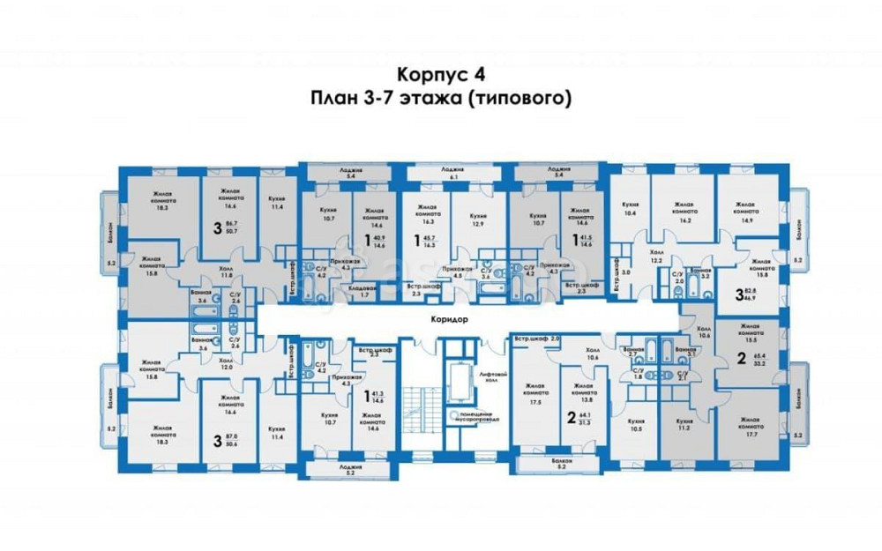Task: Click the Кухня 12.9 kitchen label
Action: coord(480,219)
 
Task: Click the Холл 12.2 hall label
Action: coord(656,256)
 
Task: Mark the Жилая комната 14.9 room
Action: coord(746,212)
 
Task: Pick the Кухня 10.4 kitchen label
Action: coord(630,208)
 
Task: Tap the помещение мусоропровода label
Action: coord(476,417)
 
